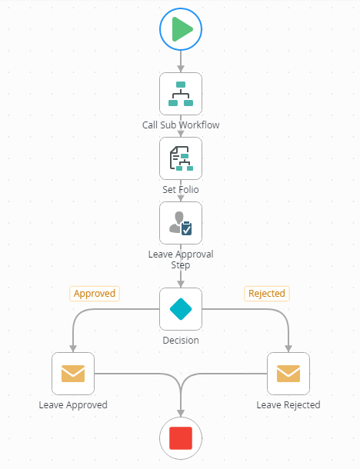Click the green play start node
pyautogui.click(x=181, y=29)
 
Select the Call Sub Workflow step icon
pyautogui.click(x=181, y=94)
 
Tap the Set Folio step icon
pyautogui.click(x=181, y=158)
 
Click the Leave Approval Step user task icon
pyautogui.click(x=181, y=223)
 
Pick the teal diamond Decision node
pyautogui.click(x=181, y=309)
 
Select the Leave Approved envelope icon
pyautogui.click(x=73, y=374)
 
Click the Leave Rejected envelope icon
pyautogui.click(x=288, y=374)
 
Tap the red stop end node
pyautogui.click(x=181, y=438)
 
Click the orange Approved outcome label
pyautogui.click(x=95, y=294)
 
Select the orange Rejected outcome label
pyautogui.click(x=267, y=294)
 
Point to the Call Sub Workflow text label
pyautogui.click(x=181, y=125)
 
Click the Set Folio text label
pyautogui.click(x=181, y=189)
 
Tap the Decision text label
pyautogui.click(x=181, y=340)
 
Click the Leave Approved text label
pyautogui.click(x=73, y=404)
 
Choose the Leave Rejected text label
pyautogui.click(x=288, y=404)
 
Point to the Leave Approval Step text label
pyautogui.click(x=181, y=259)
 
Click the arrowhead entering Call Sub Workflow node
pyautogui.click(x=181, y=68)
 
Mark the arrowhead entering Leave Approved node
pyautogui.click(x=73, y=349)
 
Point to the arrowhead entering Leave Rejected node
pyautogui.click(x=288, y=349)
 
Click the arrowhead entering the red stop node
pyautogui.click(x=181, y=414)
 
